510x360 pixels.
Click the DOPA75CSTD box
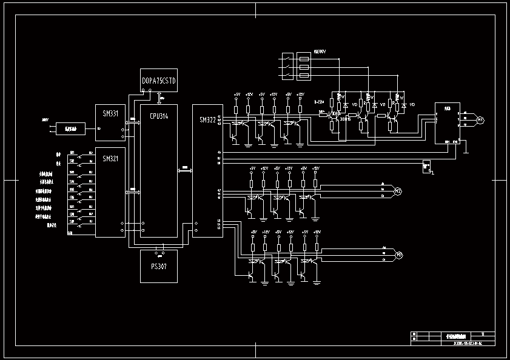pos(159,80)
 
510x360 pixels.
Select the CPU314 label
pos(159,116)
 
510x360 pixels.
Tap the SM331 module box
pos(110,122)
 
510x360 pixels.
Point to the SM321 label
pos(110,159)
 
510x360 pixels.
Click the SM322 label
pos(207,120)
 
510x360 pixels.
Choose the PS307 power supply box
pos(159,266)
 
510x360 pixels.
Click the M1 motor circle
pos(480,120)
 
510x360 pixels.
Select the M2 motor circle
pos(398,192)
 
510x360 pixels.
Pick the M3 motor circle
pos(398,255)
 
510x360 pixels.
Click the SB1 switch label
pos(72,153)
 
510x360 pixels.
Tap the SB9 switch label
pos(72,222)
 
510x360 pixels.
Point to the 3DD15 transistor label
pos(345,119)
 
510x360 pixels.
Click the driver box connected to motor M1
pos(448,123)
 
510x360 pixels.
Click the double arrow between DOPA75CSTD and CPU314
pos(159,98)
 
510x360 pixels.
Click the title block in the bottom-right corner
pos(452,338)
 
